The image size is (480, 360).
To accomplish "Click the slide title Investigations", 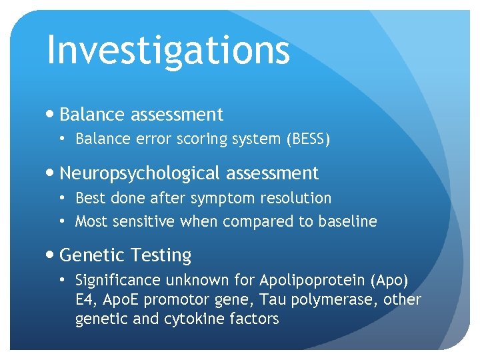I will coord(168,50).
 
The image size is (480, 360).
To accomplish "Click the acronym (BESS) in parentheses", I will coord(307,139).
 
